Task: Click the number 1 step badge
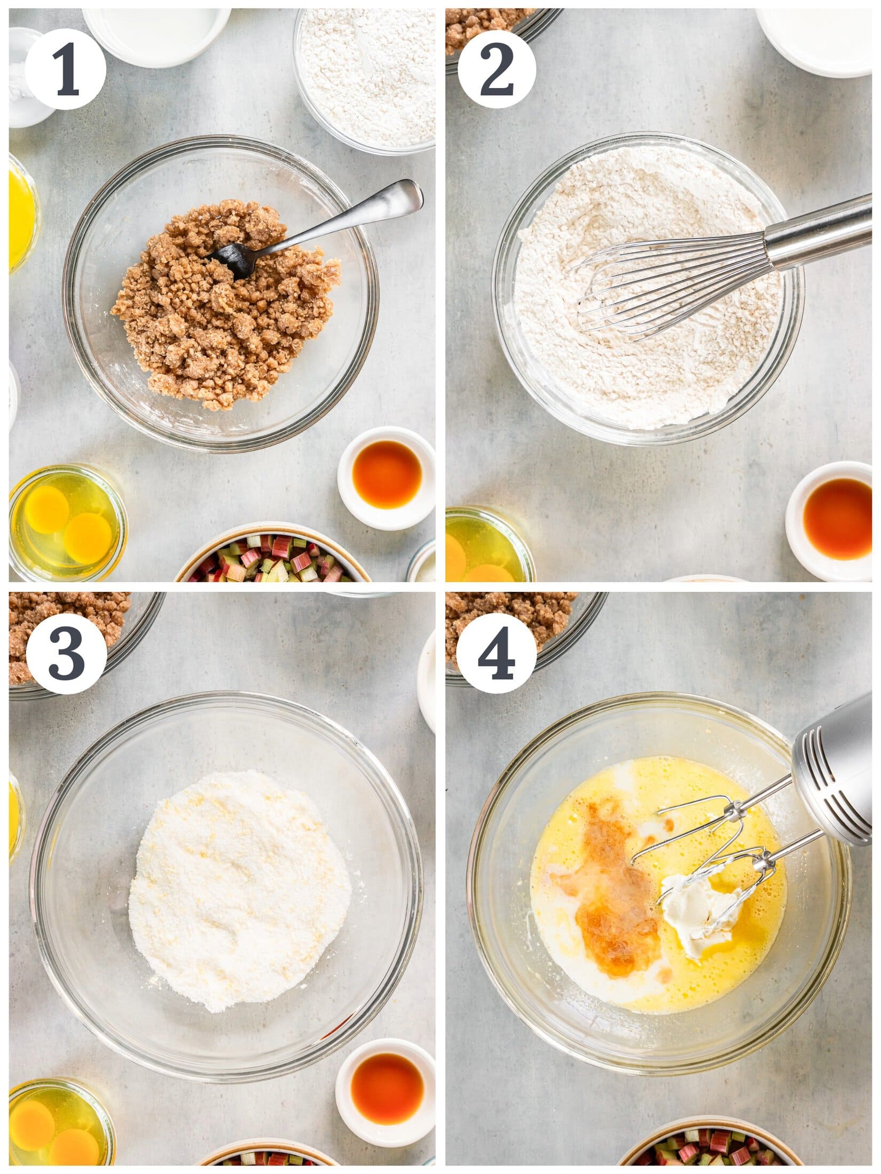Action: tap(65, 69)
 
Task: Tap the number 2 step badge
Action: tap(497, 70)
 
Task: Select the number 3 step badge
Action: tap(66, 654)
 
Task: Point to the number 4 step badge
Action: tap(497, 653)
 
